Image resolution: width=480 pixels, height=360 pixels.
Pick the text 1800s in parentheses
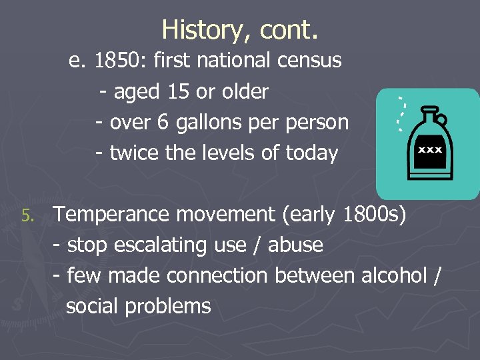(369, 215)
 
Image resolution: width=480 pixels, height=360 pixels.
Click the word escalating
(161, 245)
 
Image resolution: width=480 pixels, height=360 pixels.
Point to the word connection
(215, 275)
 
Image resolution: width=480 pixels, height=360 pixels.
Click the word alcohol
(393, 275)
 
